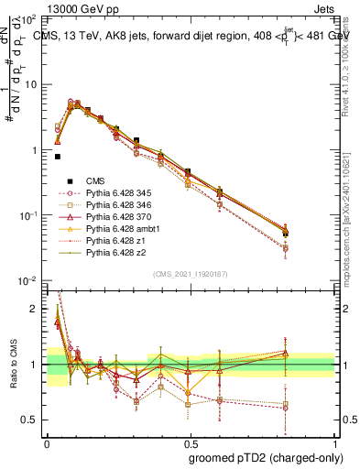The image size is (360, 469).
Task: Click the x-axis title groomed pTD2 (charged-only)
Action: click(x=266, y=457)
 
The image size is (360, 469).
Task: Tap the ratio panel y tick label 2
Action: click(x=35, y=309)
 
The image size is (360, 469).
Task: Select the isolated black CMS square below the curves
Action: click(x=57, y=157)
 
